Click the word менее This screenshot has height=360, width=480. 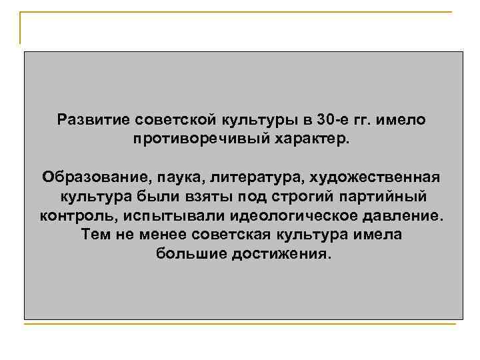tap(161, 236)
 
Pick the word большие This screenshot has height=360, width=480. tap(191, 255)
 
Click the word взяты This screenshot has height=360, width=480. tap(201, 198)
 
